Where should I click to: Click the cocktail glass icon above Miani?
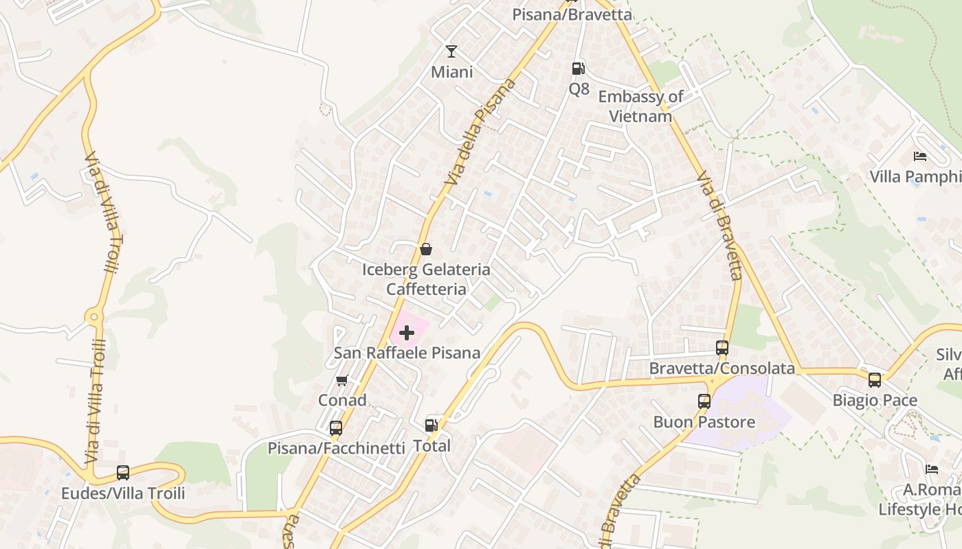(x=451, y=51)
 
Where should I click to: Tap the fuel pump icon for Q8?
(x=579, y=68)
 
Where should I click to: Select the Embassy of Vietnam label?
(x=640, y=106)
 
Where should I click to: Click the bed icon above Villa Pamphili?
(x=920, y=156)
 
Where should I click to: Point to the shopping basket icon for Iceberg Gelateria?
(x=426, y=248)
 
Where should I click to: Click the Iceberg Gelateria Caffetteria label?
(x=426, y=279)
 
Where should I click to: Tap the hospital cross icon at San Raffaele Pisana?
(x=407, y=334)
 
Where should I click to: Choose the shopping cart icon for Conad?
(x=342, y=380)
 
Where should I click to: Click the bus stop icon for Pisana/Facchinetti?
(x=336, y=428)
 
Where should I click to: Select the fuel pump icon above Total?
(x=432, y=425)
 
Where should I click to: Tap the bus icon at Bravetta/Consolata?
(x=722, y=348)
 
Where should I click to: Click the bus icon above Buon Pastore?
(x=704, y=401)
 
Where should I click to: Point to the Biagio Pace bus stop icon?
(x=875, y=379)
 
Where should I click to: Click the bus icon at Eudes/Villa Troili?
(x=123, y=473)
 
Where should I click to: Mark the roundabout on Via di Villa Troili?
(x=94, y=317)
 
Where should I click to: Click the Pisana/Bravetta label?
(x=572, y=14)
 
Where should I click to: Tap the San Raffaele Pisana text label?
(x=407, y=353)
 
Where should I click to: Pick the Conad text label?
(x=342, y=400)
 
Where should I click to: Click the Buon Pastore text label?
(x=704, y=421)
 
